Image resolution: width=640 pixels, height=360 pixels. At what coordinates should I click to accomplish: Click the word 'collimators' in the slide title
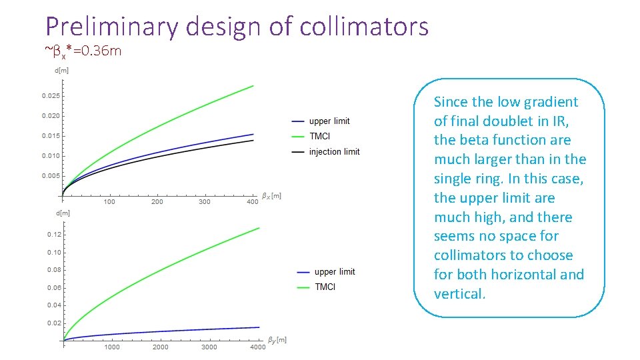pos(364,27)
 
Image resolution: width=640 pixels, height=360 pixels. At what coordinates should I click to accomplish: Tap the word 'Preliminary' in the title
pos(112,27)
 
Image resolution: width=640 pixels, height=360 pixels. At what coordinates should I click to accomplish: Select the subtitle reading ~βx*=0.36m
pos(83,51)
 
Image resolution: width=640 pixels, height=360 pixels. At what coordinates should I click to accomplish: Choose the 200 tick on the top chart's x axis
pos(157,202)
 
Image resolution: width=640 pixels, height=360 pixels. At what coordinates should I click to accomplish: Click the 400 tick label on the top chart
pos(252,202)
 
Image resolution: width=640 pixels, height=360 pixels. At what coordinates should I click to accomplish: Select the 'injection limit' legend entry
pos(334,152)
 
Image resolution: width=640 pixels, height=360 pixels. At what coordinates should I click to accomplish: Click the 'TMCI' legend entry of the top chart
pos(320,136)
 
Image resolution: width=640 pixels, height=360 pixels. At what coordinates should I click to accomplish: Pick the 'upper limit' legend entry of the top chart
pos(329,121)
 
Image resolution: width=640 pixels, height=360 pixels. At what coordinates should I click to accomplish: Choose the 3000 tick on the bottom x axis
pos(209,347)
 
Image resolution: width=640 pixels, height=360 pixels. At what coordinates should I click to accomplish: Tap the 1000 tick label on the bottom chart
pos(111,347)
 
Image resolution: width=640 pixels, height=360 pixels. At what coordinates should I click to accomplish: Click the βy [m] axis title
pos(277,340)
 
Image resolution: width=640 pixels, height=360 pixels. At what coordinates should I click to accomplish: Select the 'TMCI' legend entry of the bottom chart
pos(325,287)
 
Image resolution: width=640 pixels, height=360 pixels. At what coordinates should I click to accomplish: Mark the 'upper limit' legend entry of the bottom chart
pos(335,272)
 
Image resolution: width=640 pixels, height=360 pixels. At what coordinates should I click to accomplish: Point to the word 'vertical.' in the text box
pos(459,294)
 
